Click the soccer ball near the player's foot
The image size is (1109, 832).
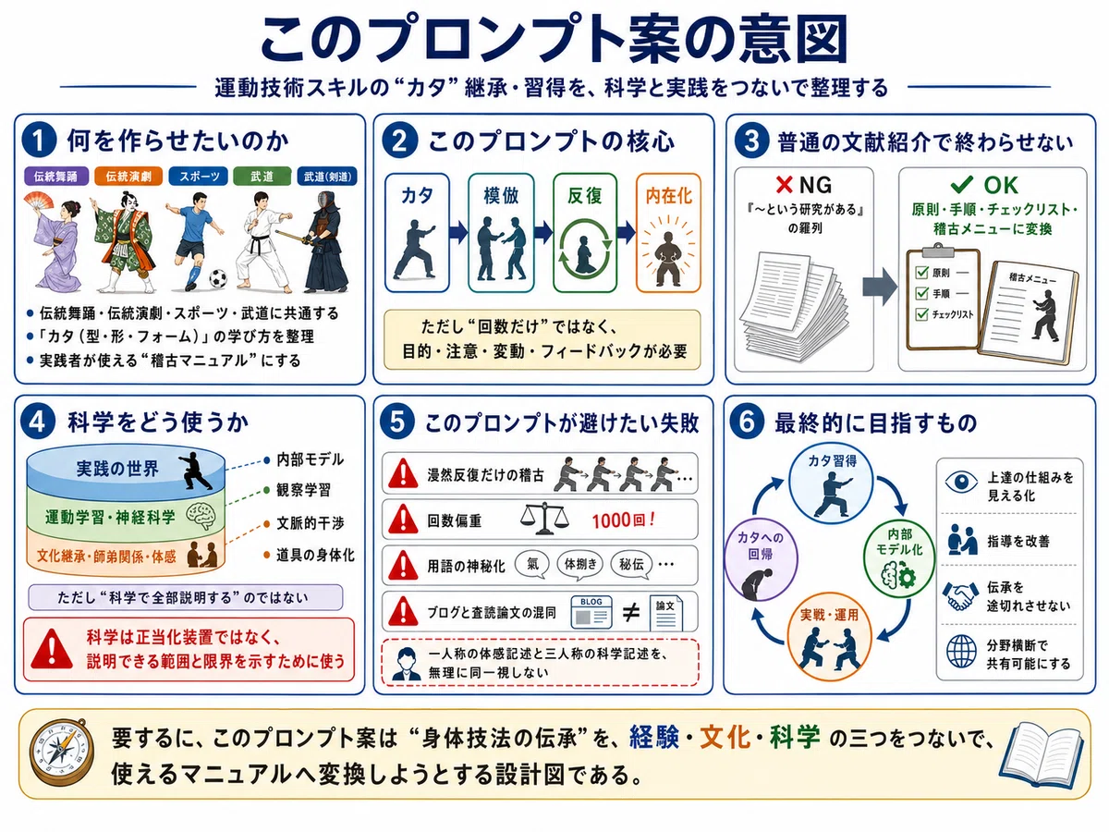pos(218,278)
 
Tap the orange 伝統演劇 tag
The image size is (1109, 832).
pos(128,177)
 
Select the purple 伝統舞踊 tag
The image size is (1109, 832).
pos(56,177)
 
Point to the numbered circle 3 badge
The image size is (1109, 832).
pos(751,141)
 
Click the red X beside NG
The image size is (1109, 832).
pos(784,185)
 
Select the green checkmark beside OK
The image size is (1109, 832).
pos(961,184)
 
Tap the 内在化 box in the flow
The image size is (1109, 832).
pos(668,233)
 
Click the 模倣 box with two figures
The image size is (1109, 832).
pos(501,233)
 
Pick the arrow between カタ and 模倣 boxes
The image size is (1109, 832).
pos(458,233)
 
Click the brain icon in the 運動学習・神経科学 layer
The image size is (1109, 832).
pos(201,516)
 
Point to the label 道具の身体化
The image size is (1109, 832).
pos(315,556)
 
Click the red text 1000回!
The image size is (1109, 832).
pos(624,520)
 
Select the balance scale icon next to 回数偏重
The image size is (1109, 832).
pos(544,519)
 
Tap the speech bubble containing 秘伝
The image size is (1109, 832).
pos(631,565)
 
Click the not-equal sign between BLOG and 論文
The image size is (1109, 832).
pos(630,613)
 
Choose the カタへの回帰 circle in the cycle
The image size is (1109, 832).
pos(761,559)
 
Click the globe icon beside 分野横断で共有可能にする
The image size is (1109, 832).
pos(961,652)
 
